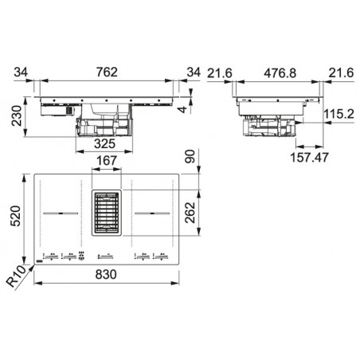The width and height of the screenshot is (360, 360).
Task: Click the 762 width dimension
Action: click(107, 72)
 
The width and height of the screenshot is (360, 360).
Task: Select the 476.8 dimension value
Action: click(280, 73)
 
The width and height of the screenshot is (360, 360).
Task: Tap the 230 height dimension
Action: click(17, 115)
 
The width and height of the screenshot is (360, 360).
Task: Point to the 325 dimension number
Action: click(104, 143)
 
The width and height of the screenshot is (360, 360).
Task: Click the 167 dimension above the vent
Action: click(107, 161)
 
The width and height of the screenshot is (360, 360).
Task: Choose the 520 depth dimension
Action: click(15, 216)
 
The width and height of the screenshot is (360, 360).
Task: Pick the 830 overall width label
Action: click(106, 275)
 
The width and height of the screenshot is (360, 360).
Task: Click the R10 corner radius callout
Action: click(16, 276)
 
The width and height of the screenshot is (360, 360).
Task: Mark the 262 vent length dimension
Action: click(190, 213)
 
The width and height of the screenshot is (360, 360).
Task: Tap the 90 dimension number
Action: click(190, 157)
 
